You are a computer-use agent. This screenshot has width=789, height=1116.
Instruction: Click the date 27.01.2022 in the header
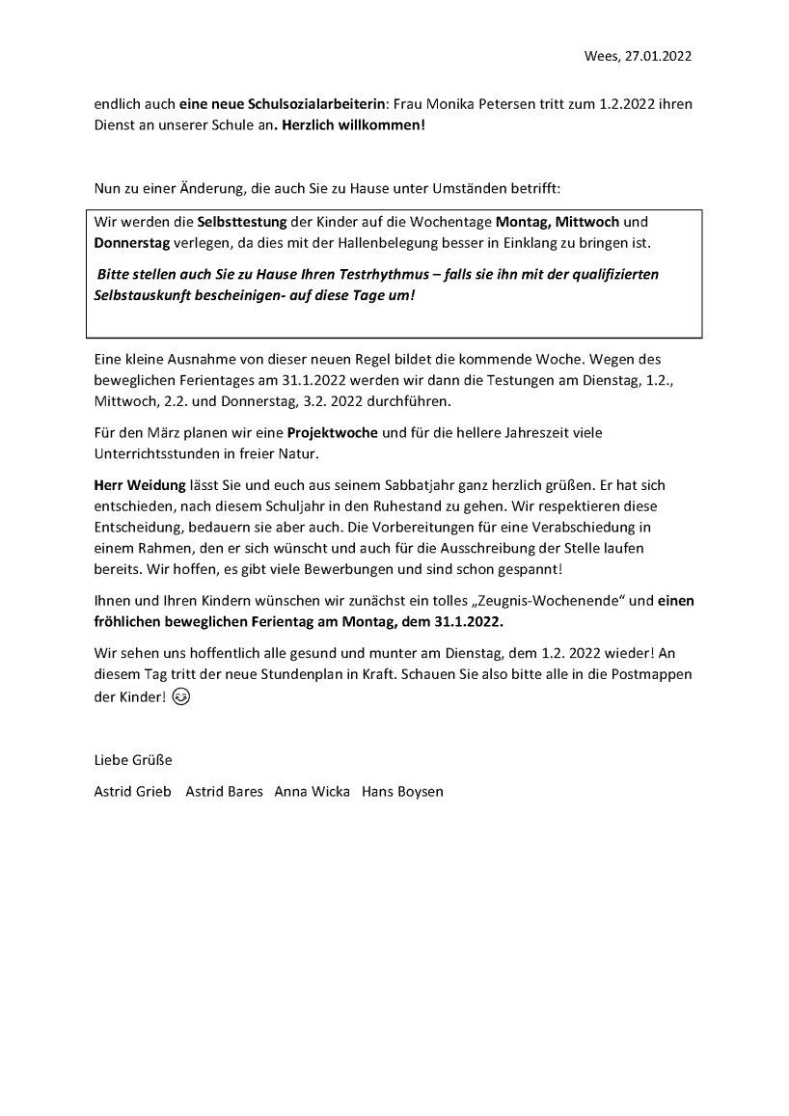pyautogui.click(x=659, y=56)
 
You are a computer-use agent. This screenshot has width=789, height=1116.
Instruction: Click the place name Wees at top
pyautogui.click(x=601, y=56)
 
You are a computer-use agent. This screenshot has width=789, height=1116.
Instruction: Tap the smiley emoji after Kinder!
pyautogui.click(x=181, y=699)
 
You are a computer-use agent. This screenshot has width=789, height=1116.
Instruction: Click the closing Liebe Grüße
pyautogui.click(x=132, y=759)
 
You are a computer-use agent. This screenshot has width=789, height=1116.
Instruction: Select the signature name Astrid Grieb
pyautogui.click(x=132, y=791)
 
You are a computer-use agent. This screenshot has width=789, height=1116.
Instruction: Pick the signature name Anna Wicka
pyautogui.click(x=312, y=791)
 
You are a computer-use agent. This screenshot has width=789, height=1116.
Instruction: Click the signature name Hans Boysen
pyautogui.click(x=403, y=791)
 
